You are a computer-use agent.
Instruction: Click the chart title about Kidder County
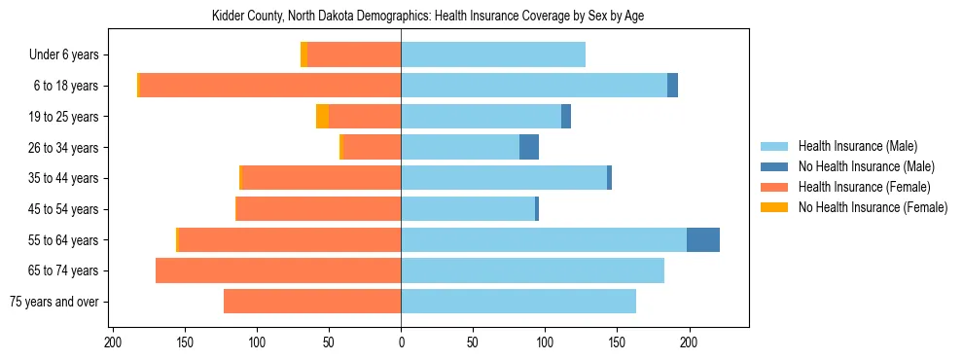pyautogui.click(x=427, y=17)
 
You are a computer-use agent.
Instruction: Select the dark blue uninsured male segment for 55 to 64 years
pyautogui.click(x=703, y=240)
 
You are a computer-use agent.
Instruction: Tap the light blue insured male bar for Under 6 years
pyautogui.click(x=493, y=54)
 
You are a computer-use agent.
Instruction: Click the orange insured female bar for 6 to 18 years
pyautogui.click(x=270, y=86)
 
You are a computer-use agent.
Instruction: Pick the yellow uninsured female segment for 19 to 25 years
pyautogui.click(x=322, y=117)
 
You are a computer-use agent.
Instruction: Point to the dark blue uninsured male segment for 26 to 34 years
pyautogui.click(x=529, y=148)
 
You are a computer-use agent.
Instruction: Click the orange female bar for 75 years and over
pyautogui.click(x=312, y=302)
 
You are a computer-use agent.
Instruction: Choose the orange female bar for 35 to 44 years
pyautogui.click(x=321, y=178)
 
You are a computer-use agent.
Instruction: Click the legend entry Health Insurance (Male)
pyautogui.click(x=857, y=146)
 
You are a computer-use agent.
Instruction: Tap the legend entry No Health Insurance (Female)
pyautogui.click(x=873, y=207)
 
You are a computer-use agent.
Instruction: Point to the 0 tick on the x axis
pyautogui.click(x=401, y=342)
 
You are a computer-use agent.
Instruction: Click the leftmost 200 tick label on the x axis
pyautogui.click(x=113, y=342)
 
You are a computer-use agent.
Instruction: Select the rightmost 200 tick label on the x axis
pyautogui.click(x=689, y=342)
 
